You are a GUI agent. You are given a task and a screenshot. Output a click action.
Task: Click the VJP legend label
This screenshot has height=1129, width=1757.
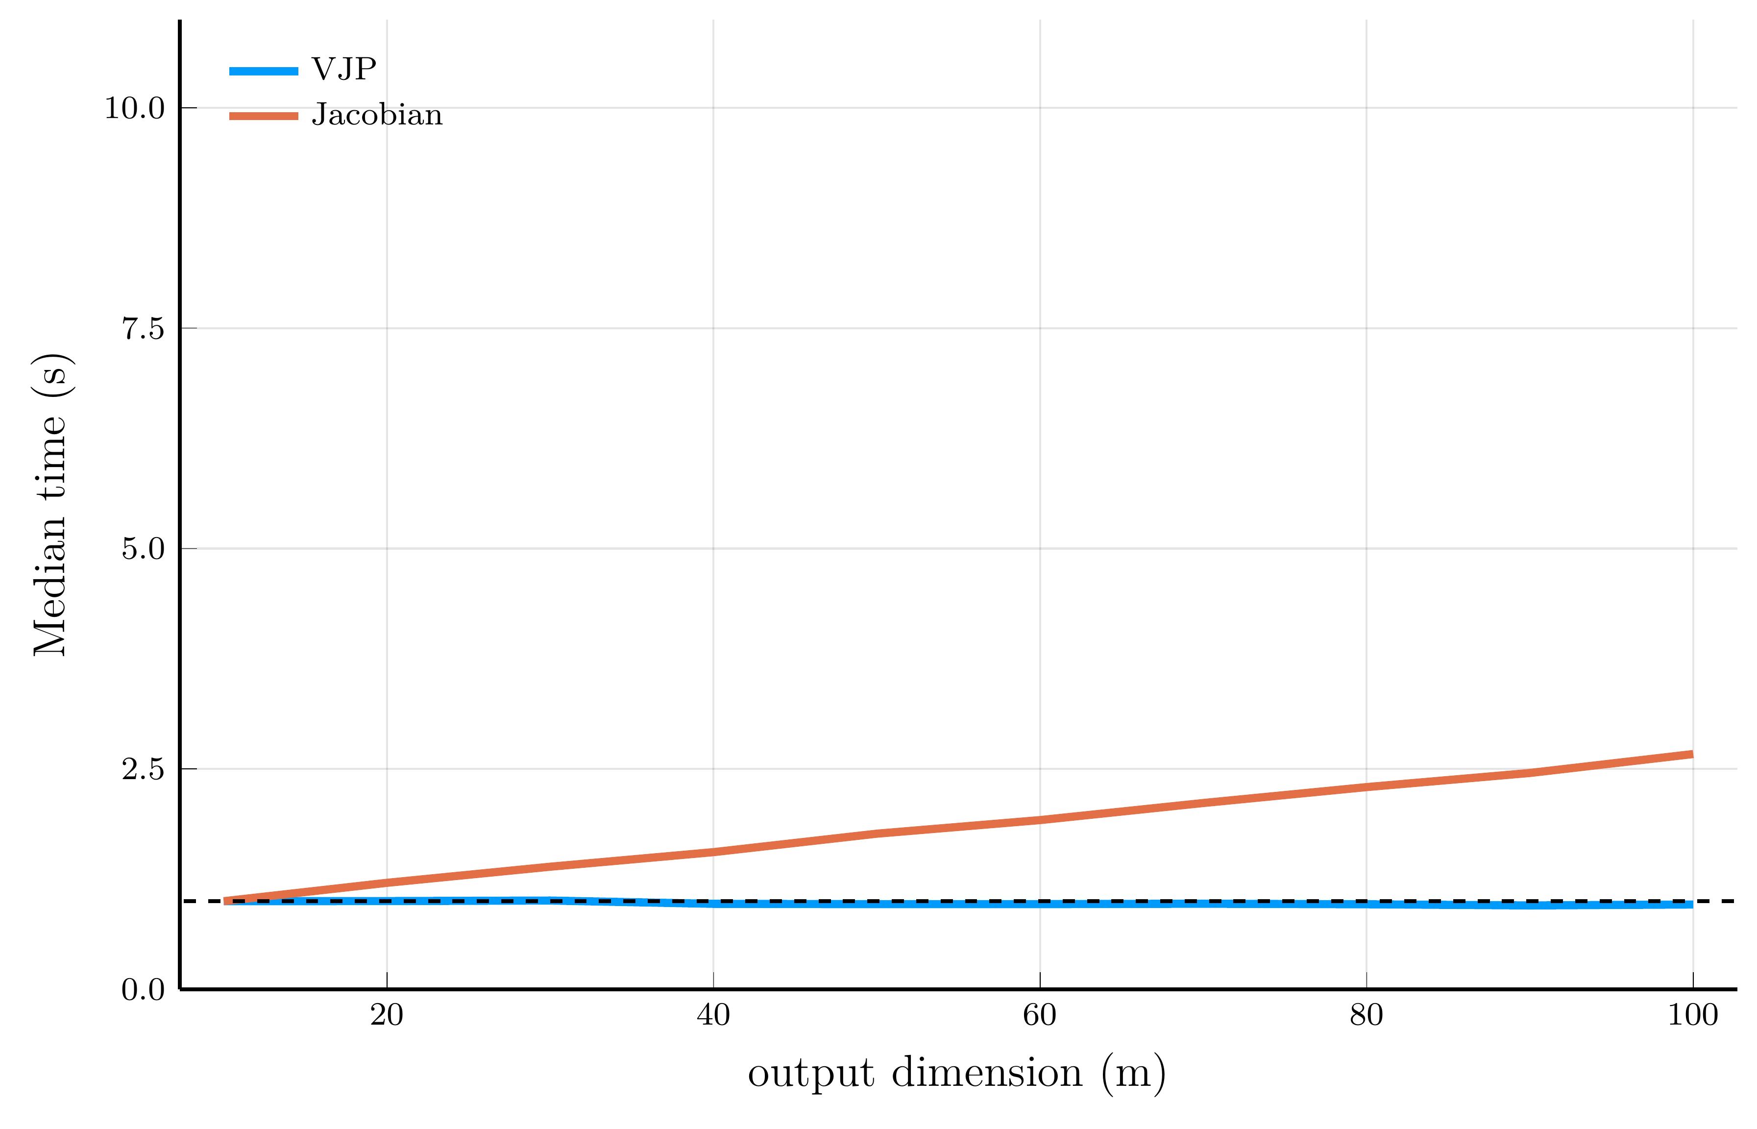coord(344,69)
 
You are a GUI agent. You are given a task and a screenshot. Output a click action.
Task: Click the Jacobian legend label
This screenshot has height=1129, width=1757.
coord(377,115)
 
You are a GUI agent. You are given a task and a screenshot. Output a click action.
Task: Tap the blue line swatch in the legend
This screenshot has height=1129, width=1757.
coord(264,71)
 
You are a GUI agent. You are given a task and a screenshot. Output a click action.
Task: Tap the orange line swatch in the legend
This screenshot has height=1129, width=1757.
coord(264,116)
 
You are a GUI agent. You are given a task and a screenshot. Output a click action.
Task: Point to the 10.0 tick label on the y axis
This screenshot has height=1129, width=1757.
coord(135,108)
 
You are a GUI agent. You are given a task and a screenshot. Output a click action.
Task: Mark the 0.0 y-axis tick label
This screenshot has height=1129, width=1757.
coord(143,990)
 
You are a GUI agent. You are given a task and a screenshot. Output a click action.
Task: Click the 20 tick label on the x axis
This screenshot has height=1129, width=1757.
coord(387,1015)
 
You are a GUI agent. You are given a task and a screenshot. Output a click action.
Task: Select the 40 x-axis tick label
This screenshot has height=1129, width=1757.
coord(713,1015)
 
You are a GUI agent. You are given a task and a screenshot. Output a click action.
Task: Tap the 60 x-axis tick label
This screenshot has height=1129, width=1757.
coord(1039,1015)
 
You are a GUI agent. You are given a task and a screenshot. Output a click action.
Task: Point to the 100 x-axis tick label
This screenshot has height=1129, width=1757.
coord(1692,1015)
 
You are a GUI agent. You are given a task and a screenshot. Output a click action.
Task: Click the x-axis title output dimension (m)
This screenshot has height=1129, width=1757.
coord(956,1074)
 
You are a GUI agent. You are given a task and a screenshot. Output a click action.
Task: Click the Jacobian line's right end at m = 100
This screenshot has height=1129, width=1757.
coord(1691,754)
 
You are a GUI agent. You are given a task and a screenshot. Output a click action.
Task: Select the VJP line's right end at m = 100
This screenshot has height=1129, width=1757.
coord(1691,905)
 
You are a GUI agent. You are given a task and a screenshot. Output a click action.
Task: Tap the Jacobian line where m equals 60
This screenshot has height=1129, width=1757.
coord(1039,820)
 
